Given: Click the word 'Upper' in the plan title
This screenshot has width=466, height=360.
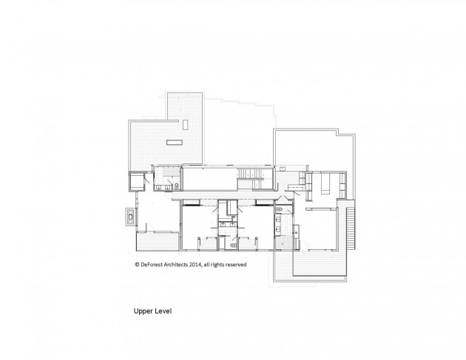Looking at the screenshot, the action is click(142, 311).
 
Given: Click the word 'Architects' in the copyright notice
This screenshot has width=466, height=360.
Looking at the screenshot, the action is click(176, 265).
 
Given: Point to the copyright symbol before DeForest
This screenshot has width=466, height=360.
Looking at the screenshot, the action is click(137, 265).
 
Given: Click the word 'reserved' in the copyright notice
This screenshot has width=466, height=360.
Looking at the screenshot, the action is click(236, 265).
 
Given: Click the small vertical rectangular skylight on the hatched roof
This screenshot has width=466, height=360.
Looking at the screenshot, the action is click(186, 125).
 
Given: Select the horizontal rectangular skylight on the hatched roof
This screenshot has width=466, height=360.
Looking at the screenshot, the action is click(175, 143).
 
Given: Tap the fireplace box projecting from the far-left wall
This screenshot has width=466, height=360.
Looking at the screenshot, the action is click(130, 217).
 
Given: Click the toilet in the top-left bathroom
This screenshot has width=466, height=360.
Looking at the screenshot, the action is click(177, 186).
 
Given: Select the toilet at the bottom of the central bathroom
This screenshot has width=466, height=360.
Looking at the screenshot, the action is click(233, 245).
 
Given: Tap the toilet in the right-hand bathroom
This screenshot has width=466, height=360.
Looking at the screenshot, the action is click(278, 209).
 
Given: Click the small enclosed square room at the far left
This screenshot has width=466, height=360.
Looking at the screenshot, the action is click(137, 182).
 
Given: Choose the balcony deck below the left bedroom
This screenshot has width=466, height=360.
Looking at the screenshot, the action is click(158, 242).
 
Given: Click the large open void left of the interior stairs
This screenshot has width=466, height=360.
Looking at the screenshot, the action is click(210, 179).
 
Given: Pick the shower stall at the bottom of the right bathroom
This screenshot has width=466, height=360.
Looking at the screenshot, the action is click(283, 243).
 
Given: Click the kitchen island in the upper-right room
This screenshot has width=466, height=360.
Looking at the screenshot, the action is click(325, 183).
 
